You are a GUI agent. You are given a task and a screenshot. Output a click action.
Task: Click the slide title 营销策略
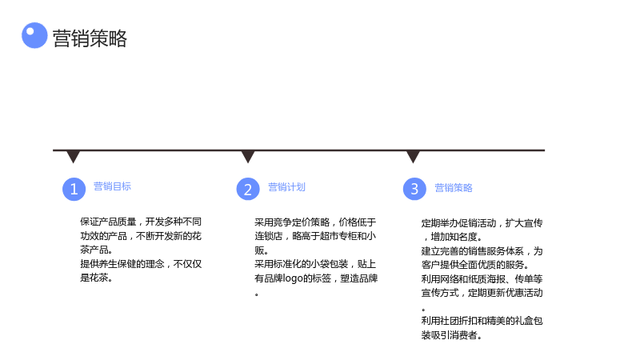(90, 38)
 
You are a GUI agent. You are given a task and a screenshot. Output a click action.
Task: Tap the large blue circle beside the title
(34, 35)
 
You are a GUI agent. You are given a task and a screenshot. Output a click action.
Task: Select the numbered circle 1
(74, 189)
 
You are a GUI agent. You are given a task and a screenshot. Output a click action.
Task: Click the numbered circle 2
(248, 189)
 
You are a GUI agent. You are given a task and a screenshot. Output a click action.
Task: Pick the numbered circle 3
(414, 189)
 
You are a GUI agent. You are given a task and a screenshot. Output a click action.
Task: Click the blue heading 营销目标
(112, 186)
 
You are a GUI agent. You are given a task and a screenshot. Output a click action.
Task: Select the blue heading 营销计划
(286, 187)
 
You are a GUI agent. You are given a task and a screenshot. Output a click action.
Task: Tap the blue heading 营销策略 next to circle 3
(454, 188)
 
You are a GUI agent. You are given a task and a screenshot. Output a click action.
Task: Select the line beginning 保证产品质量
(141, 222)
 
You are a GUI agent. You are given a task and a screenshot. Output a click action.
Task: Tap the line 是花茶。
(96, 278)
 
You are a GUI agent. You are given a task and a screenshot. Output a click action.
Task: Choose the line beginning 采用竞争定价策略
(315, 222)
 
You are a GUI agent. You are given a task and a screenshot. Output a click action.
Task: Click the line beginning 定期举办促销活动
(482, 223)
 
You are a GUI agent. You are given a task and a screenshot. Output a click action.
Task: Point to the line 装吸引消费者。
(452, 335)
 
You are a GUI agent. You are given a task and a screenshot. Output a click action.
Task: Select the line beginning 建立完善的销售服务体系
(482, 251)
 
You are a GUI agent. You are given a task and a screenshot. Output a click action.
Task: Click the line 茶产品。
(96, 250)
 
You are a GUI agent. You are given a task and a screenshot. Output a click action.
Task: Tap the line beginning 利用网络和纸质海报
(482, 278)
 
